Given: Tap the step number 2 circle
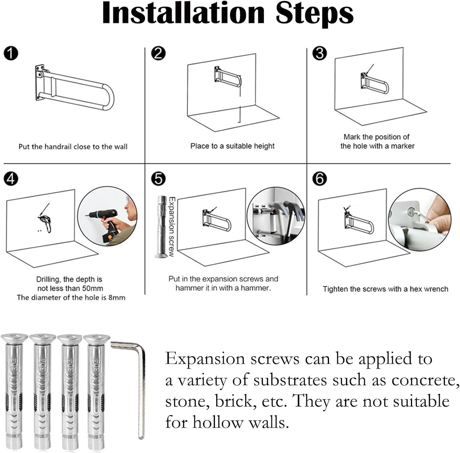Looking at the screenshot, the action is click(x=158, y=54).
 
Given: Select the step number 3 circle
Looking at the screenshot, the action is click(x=320, y=53).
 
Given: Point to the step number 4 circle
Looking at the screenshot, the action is click(x=11, y=178).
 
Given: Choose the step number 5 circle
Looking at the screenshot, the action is click(x=158, y=178).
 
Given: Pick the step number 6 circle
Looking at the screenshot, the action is click(x=320, y=178).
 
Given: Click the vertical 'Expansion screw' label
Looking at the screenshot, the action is click(x=172, y=227).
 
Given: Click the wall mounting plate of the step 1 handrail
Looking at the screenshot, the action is click(x=39, y=82).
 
